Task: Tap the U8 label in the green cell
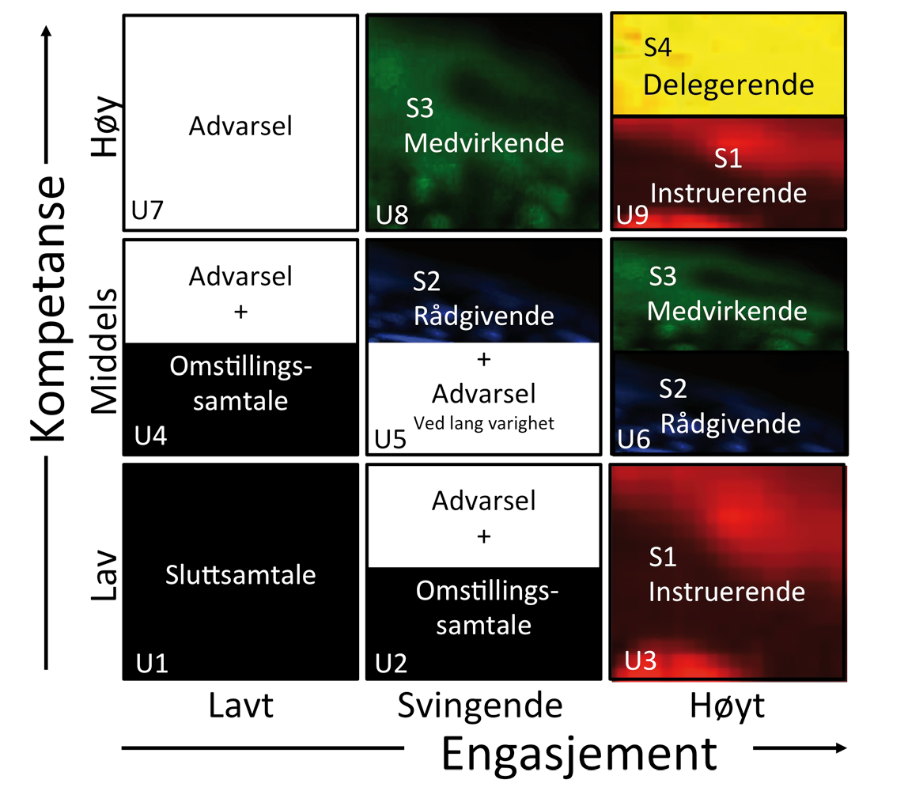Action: pos(392,214)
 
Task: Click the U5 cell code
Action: pos(391,438)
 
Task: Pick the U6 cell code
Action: pos(634,438)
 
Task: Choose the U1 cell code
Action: pos(152,661)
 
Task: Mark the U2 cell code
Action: pos(392,661)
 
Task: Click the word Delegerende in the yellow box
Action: pos(728,84)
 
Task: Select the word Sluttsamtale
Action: pos(240,575)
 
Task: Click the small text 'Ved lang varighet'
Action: pos(484,423)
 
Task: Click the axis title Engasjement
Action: pos(580,754)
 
